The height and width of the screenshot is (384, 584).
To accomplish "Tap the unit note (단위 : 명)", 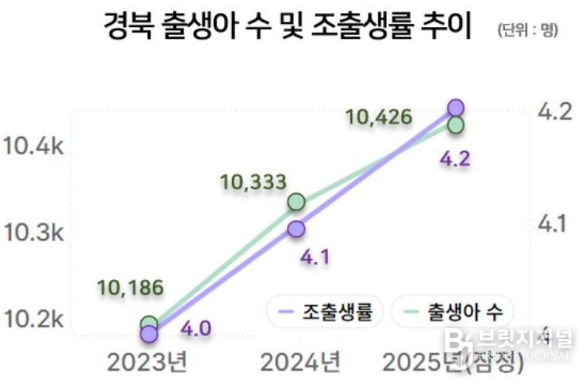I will pyautogui.click(x=528, y=31).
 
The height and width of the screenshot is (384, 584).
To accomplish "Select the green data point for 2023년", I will pyautogui.click(x=150, y=323).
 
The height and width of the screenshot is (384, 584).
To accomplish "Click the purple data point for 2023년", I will pyautogui.click(x=149, y=334).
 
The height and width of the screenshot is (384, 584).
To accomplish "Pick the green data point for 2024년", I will pyautogui.click(x=295, y=202).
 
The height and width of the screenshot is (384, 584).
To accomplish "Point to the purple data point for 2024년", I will pyautogui.click(x=295, y=228).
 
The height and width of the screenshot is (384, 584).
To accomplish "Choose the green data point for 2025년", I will pyautogui.click(x=455, y=125).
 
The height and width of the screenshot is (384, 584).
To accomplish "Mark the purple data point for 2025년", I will pyautogui.click(x=455, y=108).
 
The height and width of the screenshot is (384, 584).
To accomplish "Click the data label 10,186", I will pyautogui.click(x=130, y=288).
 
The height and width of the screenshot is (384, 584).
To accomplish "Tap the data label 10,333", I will pyautogui.click(x=254, y=182).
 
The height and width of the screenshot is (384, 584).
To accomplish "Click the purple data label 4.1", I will pyautogui.click(x=314, y=257).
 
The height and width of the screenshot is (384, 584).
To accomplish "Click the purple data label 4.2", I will pyautogui.click(x=455, y=160).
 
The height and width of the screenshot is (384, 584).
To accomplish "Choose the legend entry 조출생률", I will pyautogui.click(x=325, y=312).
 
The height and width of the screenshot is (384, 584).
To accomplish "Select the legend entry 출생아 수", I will pyautogui.click(x=453, y=312).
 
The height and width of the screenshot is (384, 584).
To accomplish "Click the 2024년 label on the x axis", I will pyautogui.click(x=300, y=362).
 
